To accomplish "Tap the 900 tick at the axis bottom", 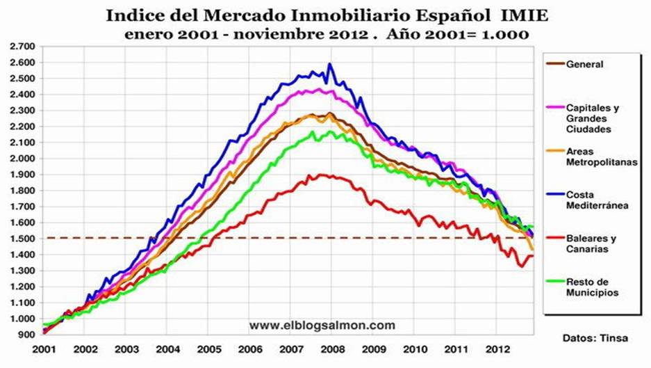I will [x=26, y=335].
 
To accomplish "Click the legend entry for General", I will [x=584, y=65].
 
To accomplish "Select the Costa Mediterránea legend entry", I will [x=595, y=200].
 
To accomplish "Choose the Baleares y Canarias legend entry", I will [x=591, y=243].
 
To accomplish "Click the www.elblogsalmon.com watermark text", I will [x=322, y=325].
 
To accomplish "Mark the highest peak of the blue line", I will [x=329, y=65].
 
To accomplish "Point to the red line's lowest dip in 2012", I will [x=520, y=266].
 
